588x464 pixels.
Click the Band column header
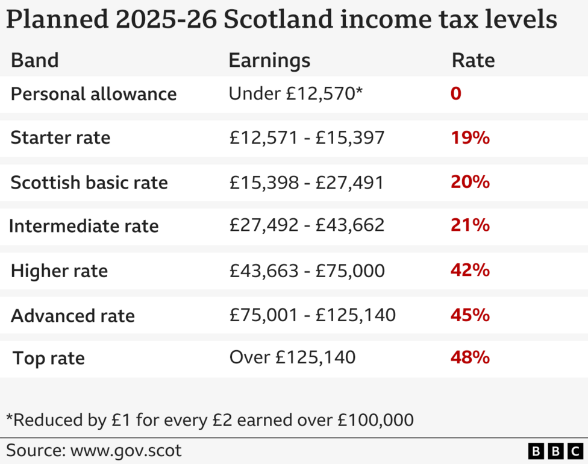point(35,61)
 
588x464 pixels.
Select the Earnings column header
point(269,61)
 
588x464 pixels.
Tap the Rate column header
point(473,61)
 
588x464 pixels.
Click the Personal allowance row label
point(94,94)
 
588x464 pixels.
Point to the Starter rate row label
point(60,138)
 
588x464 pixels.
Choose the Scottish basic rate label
point(89,183)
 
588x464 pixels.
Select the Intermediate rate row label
point(84,226)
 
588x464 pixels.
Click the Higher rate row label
point(59,271)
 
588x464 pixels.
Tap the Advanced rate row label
point(73,315)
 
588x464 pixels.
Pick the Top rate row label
point(49,359)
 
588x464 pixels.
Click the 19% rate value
point(470,138)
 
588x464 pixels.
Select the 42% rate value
point(470,270)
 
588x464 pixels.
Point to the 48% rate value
point(470,358)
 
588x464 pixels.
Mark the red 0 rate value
point(456,94)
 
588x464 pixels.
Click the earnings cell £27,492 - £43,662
point(307,225)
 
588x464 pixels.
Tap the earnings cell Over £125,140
point(292,358)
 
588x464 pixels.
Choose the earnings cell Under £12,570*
point(296,94)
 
